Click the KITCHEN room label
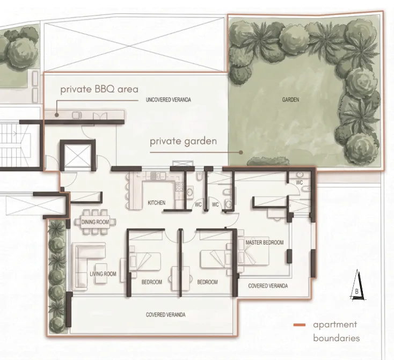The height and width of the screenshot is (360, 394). click(x=157, y=202)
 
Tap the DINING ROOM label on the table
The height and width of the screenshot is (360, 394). click(x=95, y=222)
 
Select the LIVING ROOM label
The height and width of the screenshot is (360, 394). click(x=103, y=274)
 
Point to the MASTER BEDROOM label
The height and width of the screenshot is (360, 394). click(x=264, y=243)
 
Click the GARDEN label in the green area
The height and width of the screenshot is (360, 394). click(x=290, y=100)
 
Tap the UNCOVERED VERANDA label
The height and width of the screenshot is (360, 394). click(x=169, y=100)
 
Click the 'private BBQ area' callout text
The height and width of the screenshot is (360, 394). click(x=99, y=89)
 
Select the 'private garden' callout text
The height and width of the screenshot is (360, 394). click(x=183, y=141)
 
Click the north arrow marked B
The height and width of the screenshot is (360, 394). click(x=357, y=285)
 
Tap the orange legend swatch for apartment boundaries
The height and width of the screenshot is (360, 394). click(x=300, y=325)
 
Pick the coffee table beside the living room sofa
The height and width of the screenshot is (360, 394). click(x=101, y=274)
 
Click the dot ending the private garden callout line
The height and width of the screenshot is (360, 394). click(x=241, y=152)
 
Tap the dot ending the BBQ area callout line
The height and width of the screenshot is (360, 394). click(x=57, y=115)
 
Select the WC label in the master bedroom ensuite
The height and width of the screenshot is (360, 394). click(x=300, y=182)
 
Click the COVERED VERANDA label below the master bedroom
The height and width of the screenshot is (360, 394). click(x=268, y=286)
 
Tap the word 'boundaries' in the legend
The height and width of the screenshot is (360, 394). click(x=337, y=338)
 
